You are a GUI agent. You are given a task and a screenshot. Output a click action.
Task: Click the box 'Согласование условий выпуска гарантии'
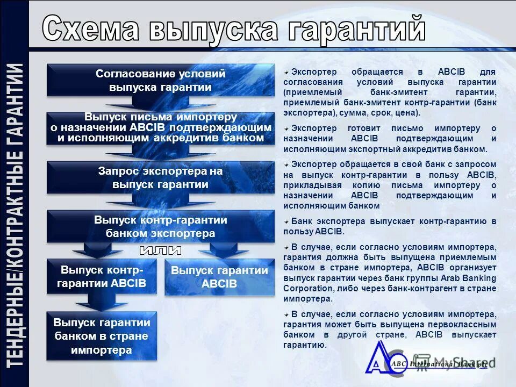click(x=160, y=80)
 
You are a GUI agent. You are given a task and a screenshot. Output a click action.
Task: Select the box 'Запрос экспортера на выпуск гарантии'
click(x=160, y=177)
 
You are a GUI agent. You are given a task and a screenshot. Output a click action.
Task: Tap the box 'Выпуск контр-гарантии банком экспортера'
click(x=160, y=226)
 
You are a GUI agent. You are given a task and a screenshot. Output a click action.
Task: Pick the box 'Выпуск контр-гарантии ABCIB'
click(x=102, y=276)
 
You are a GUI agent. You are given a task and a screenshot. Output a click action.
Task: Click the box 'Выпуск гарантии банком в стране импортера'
click(x=102, y=336)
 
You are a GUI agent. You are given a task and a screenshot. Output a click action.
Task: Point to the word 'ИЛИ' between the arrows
click(x=160, y=250)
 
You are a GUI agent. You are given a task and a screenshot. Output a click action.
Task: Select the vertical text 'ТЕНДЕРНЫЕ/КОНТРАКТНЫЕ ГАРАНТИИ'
click(x=15, y=215)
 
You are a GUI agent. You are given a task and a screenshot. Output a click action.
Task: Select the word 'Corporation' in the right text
click(x=304, y=289)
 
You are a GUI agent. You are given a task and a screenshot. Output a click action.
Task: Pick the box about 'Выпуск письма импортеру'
click(x=160, y=128)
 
